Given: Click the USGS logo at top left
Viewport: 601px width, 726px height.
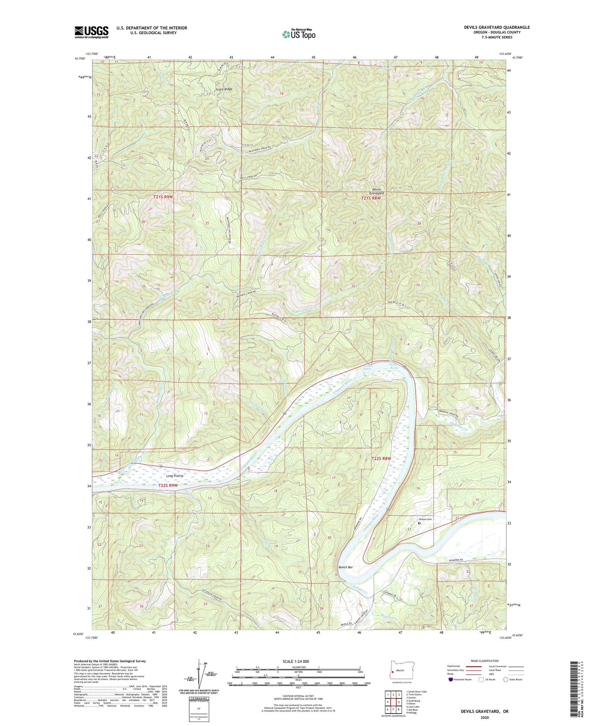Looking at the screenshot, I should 91,32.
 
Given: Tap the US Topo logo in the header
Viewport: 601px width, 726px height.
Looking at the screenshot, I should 298,34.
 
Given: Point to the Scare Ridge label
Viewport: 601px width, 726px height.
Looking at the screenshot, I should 224,89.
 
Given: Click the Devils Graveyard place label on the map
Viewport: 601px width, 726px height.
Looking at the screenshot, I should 376,191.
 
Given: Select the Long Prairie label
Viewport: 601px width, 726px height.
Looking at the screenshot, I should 175,476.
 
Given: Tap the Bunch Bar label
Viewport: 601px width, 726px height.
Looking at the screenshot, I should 345,567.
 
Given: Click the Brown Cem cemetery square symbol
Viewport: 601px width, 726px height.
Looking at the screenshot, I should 419,523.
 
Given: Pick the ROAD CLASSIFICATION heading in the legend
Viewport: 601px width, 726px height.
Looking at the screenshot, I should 484,661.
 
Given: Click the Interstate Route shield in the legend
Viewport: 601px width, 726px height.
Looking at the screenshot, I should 450,680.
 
